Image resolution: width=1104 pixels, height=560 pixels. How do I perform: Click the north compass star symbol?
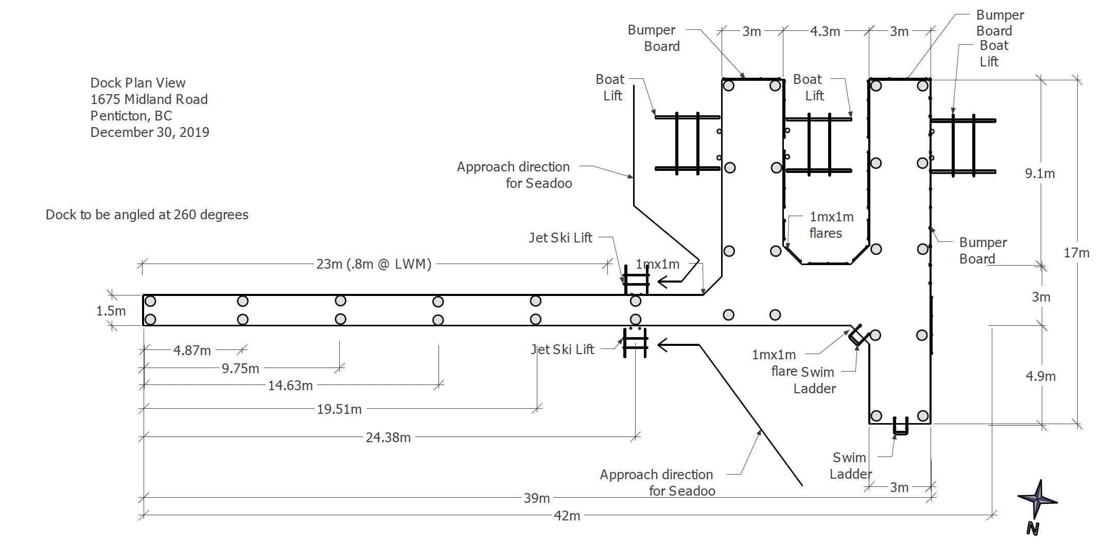1037,500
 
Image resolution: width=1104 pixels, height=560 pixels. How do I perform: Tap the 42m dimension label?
567,515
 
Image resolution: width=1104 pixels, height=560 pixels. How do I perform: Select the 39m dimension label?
537,498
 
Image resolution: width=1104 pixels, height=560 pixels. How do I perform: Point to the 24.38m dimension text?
388,437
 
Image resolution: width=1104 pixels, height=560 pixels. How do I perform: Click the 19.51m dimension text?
339,409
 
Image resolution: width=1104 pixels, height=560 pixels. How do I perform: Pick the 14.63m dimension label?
290,386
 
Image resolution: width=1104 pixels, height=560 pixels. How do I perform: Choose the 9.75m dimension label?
240,369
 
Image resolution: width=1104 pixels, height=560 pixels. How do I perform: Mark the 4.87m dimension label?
192,351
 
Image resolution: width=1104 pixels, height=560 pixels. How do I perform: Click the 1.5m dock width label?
111,311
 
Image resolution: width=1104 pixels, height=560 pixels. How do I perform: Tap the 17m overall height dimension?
1077,253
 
